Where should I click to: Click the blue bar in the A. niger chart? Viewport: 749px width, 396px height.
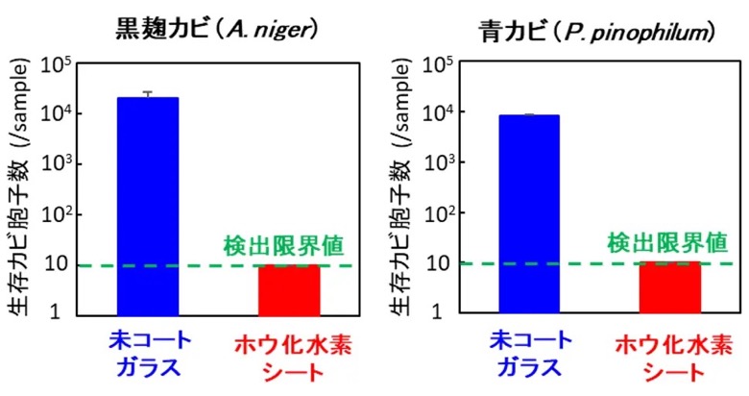pos(148,207)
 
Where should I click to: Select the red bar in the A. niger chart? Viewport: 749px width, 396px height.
pos(289,290)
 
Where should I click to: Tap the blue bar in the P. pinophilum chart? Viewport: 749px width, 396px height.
pos(529,214)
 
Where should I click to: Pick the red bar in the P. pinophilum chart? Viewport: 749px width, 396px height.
pos(669,287)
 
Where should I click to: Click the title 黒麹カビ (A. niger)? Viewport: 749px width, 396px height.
pos(217,30)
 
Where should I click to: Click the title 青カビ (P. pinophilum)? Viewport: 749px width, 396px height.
pos(597,32)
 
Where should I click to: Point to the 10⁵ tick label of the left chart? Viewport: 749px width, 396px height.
pos(56,66)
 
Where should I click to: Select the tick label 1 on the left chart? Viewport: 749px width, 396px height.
pos(56,312)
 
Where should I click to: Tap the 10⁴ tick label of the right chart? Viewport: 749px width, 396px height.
pos(438,114)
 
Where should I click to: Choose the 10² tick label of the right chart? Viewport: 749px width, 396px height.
pos(438,214)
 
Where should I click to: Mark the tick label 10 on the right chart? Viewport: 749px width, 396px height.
pos(438,263)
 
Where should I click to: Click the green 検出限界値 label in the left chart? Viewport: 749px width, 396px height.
pos(283,246)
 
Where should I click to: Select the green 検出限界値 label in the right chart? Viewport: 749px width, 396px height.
pos(667,243)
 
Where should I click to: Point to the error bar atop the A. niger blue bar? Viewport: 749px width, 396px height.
pos(148,94)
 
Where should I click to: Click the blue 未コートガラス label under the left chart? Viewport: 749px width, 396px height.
pos(150,355)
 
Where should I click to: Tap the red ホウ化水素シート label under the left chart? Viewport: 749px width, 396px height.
pos(292,359)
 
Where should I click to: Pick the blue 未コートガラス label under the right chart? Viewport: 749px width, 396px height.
pos(530,355)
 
